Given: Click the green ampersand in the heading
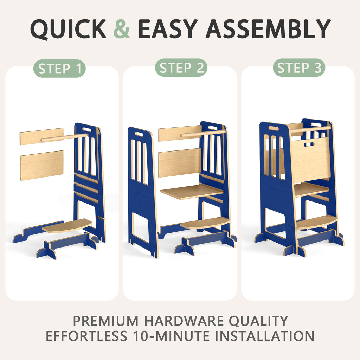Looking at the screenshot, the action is point(122,29).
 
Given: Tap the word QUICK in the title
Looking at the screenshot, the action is point(68,29).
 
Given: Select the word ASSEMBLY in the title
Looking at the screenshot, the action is point(268,29).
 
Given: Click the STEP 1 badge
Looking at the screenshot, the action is point(59,69).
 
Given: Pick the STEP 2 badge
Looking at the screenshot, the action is point(181,68).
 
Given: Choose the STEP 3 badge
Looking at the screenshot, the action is point(299,68).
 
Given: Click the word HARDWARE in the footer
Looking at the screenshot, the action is point(184,321).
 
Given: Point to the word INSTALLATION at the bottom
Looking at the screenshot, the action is point(265,336).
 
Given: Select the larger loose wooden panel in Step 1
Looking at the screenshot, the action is point(42,165).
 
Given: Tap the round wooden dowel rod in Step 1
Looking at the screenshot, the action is point(64,137).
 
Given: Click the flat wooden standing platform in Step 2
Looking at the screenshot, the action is point(192,191).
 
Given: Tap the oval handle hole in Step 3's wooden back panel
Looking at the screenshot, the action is point(309,144).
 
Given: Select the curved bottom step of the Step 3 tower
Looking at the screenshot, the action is point(317,221).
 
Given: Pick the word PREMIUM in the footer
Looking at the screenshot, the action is point(106,321).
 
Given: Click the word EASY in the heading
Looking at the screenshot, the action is point(168,29).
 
